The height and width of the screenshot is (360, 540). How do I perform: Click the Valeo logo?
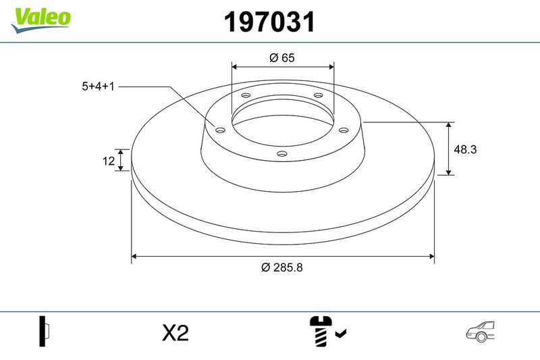41,20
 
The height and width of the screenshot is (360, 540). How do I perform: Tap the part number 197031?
269,22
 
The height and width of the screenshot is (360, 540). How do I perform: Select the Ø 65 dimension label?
282,57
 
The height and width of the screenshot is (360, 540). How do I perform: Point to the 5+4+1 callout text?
98,86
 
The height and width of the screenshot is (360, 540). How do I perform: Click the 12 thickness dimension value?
109,161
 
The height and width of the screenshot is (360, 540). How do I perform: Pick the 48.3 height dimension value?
465,149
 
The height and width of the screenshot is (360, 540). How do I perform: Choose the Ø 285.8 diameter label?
282,267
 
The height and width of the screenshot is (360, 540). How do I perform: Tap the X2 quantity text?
175,333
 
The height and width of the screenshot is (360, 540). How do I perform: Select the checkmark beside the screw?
341,333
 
